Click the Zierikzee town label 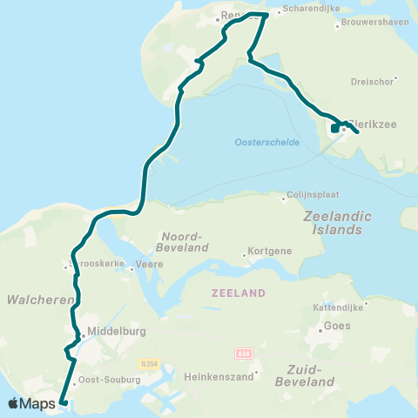click(373, 125)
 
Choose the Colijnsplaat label click(316, 196)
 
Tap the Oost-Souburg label click(104, 380)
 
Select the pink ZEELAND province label click(238, 294)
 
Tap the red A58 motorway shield click(243, 354)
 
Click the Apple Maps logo click(32, 404)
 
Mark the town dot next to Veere click(131, 268)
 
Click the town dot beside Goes click(320, 327)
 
